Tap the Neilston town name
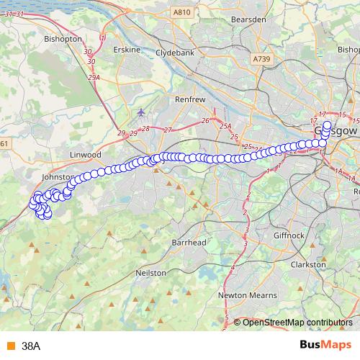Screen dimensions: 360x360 (x=150, y=274)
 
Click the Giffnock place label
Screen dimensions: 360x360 (x=290, y=235)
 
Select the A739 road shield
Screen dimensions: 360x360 (x=264, y=58)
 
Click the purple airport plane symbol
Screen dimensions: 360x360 (x=140, y=112)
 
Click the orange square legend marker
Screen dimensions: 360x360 (x=10, y=346)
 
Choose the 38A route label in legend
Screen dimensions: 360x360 (x=31, y=346)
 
